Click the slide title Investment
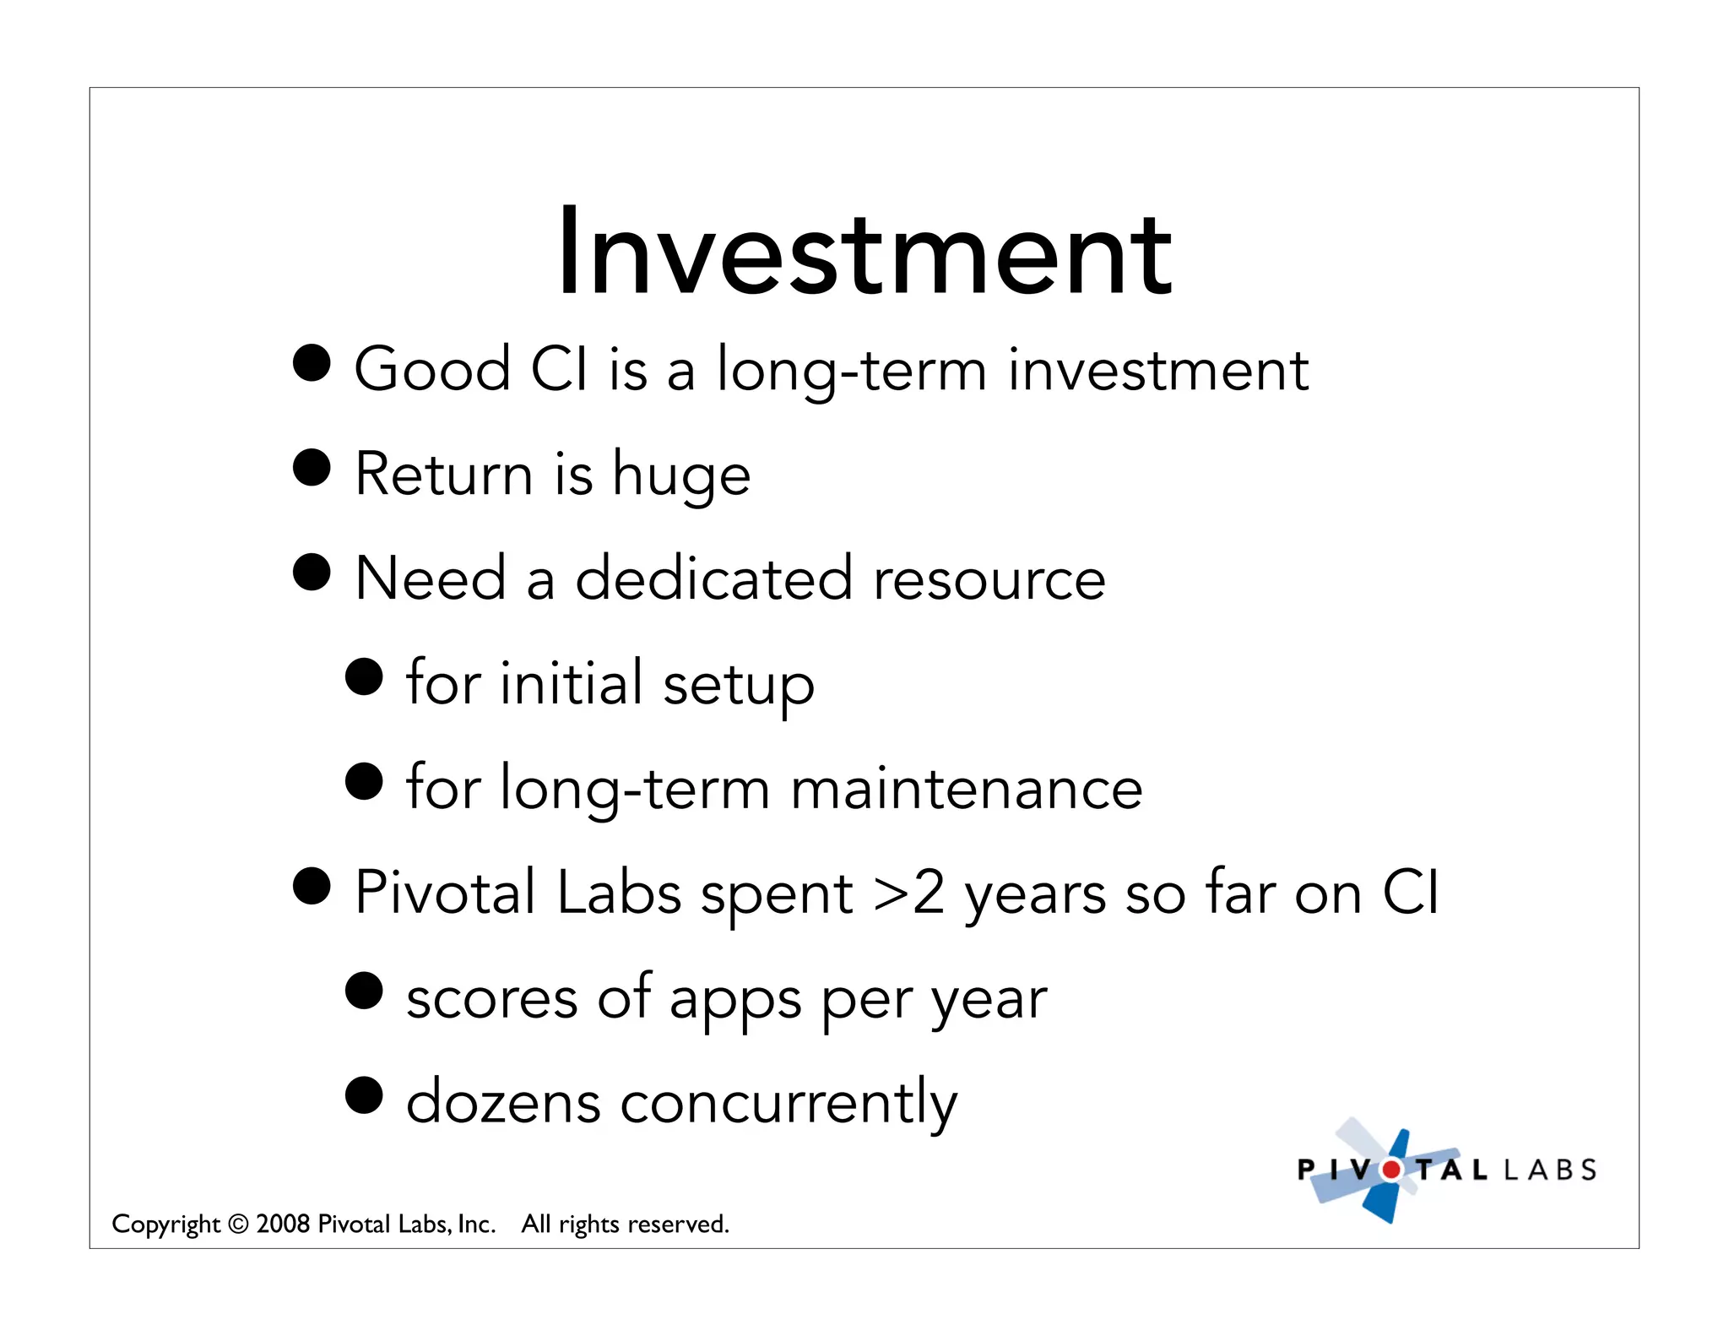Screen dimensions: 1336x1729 [x=864, y=253]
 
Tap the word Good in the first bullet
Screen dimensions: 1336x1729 [x=432, y=370]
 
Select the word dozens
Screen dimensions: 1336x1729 [x=503, y=1103]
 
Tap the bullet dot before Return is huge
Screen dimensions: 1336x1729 [x=312, y=467]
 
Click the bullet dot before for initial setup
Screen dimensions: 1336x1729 [x=364, y=676]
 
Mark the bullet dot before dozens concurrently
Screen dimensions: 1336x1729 [x=364, y=1095]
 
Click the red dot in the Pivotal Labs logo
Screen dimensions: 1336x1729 [x=1391, y=1170]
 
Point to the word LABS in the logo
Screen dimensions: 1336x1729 [x=1550, y=1170]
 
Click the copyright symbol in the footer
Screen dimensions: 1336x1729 [x=238, y=1224]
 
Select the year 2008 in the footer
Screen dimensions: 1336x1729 [x=283, y=1224]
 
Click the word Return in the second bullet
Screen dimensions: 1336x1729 [x=444, y=475]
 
